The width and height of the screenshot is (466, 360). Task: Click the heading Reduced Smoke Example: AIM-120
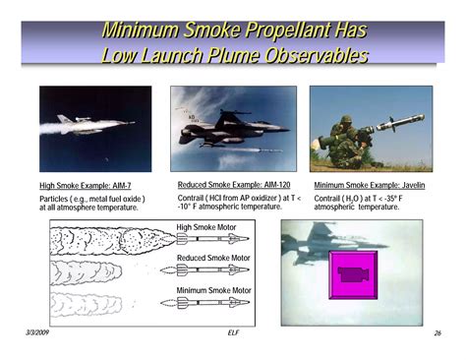pos(235,184)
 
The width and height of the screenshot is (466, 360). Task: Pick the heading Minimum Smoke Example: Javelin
pos(369,185)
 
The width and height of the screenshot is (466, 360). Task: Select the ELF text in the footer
pos(233,333)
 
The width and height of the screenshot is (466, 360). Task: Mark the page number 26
pos(436,333)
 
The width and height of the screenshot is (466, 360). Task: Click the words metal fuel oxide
pos(115,199)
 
